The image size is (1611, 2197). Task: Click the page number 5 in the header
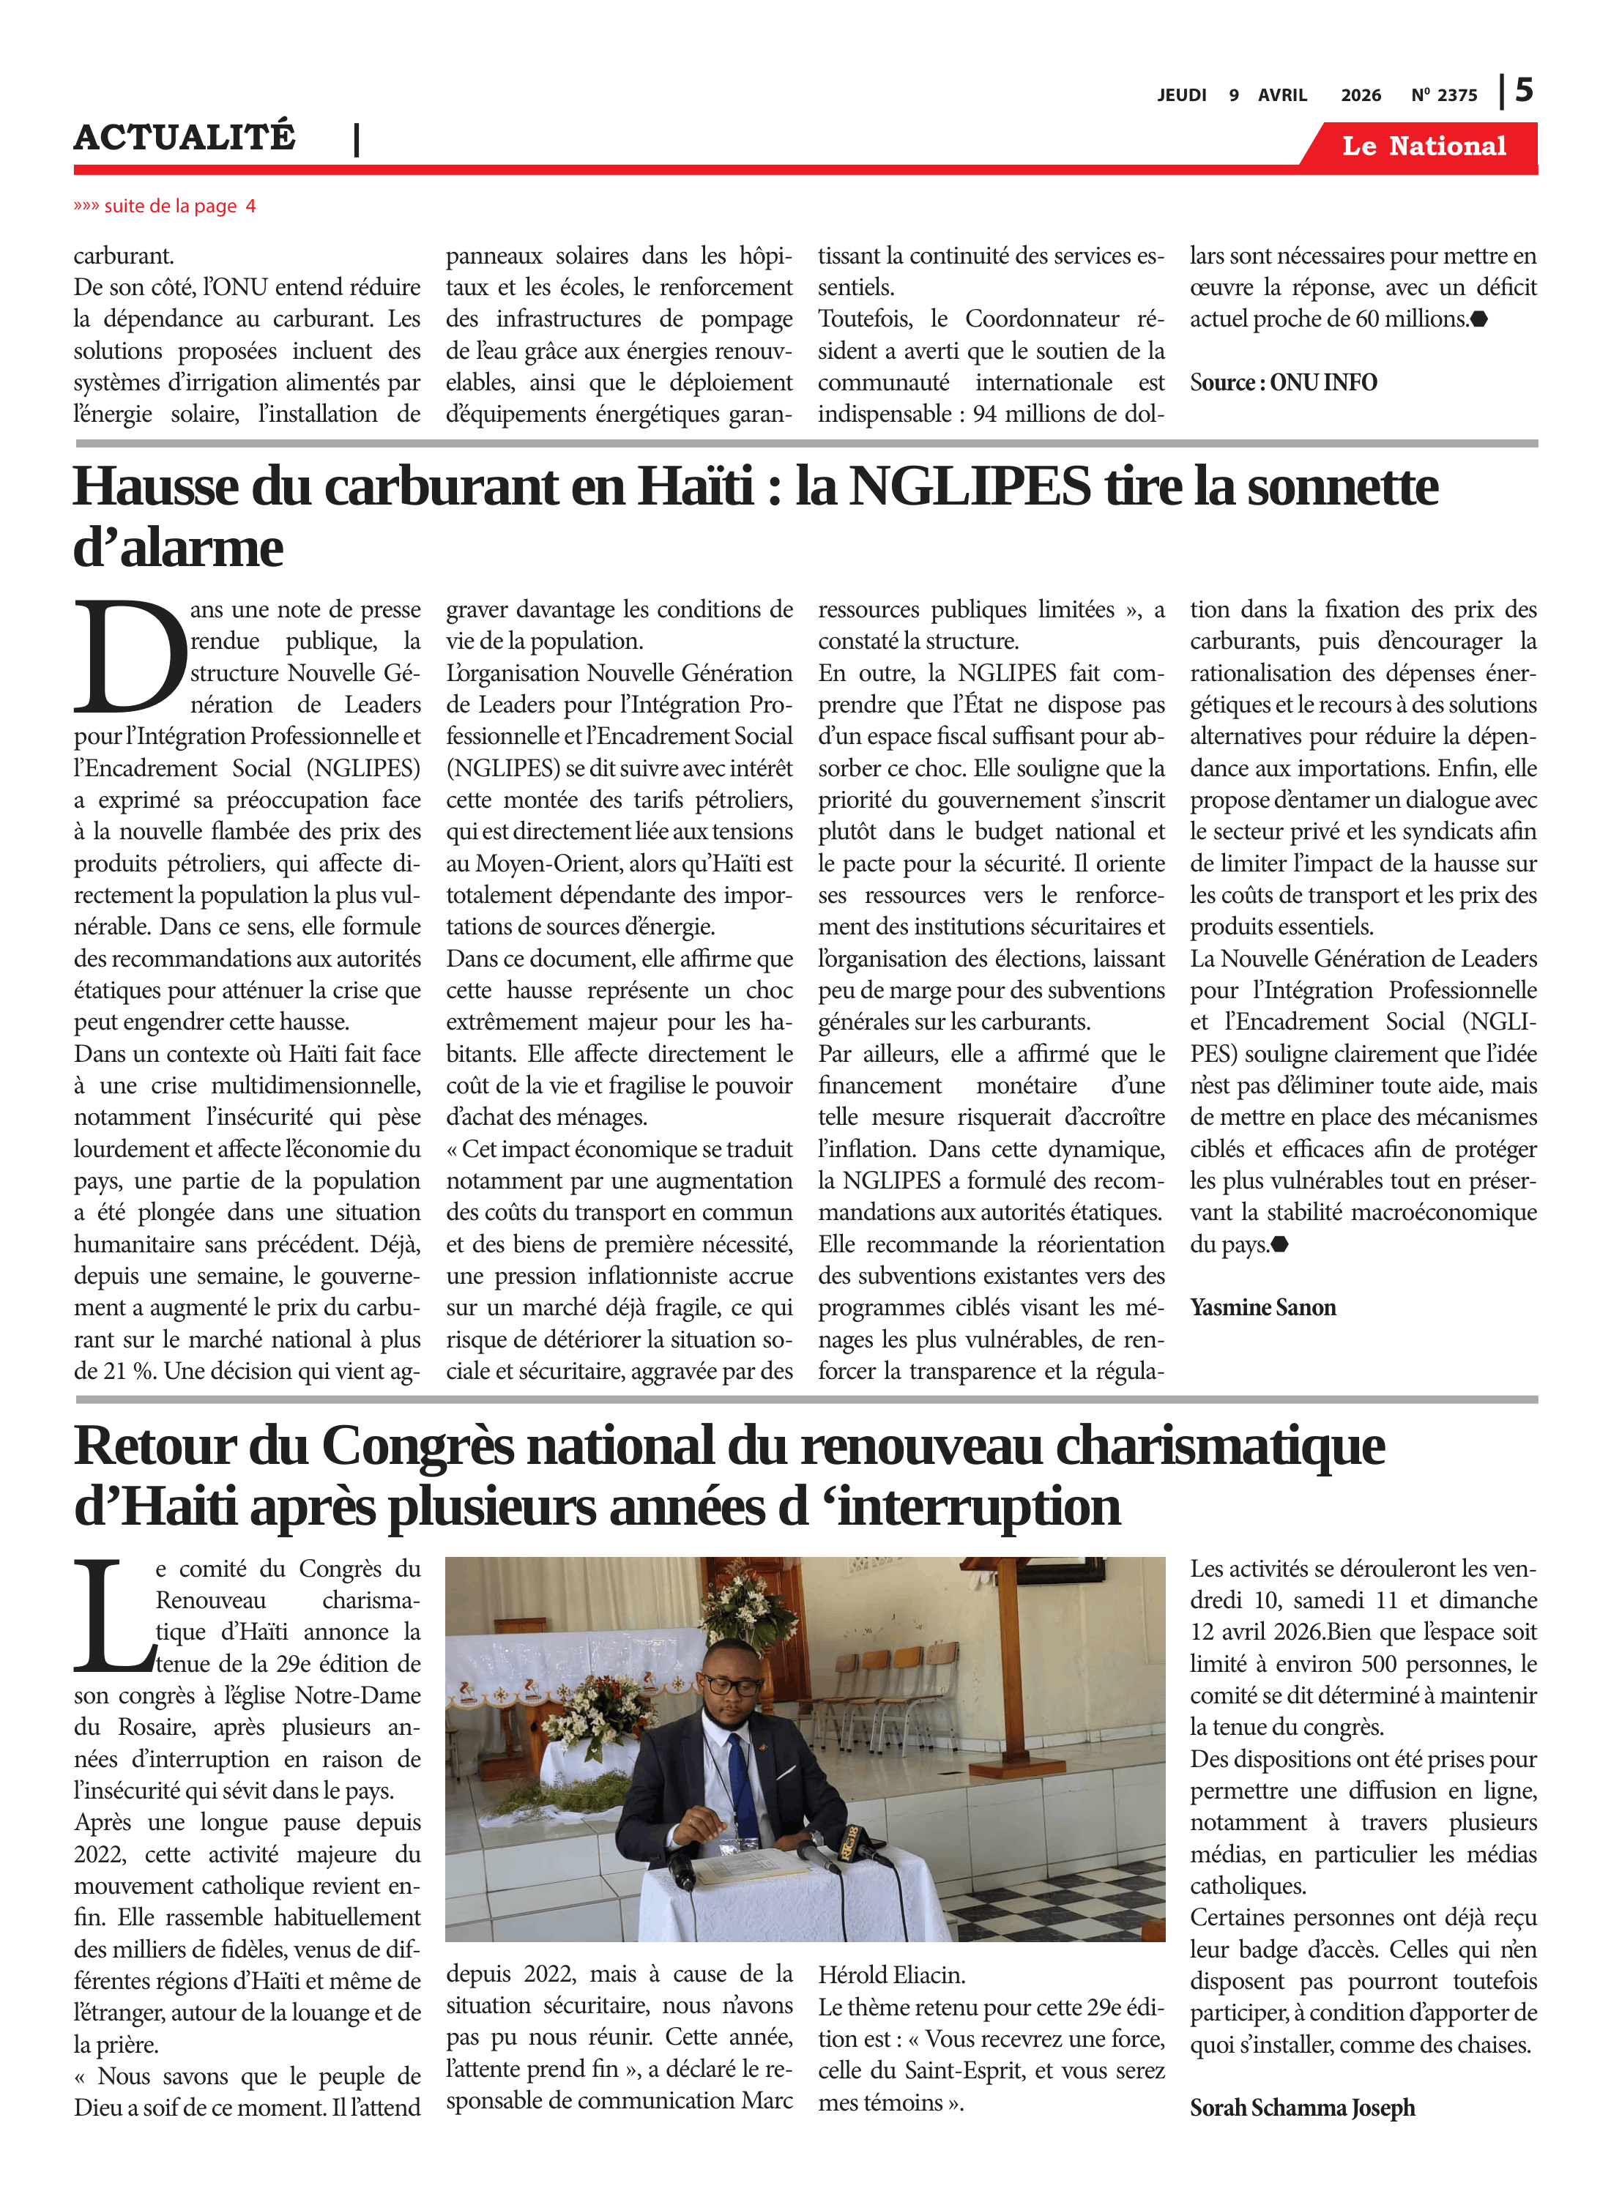pos(1523,91)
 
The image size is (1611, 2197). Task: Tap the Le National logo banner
pos(1423,146)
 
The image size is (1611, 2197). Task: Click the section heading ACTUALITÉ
pos(185,138)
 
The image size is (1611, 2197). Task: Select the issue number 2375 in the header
pos(1457,95)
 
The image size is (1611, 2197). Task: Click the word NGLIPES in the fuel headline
pos(970,486)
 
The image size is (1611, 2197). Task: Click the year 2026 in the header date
pos(1361,95)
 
